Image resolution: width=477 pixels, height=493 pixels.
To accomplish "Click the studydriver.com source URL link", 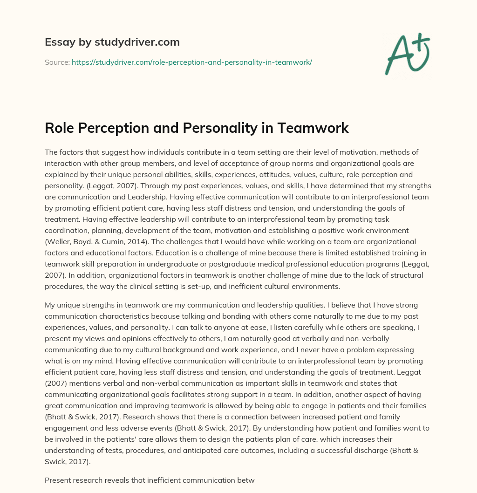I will click(191, 62).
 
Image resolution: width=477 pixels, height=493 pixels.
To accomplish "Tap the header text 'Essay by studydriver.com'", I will click(112, 42).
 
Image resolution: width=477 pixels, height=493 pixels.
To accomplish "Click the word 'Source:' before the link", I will click(57, 62).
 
